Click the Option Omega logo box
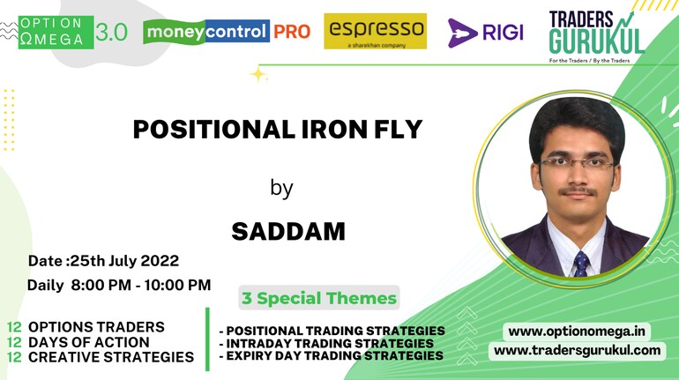(x=56, y=33)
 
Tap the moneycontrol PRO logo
(x=227, y=32)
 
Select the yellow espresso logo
(x=375, y=31)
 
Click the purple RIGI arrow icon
(x=462, y=33)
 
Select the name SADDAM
(x=288, y=232)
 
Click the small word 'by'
(x=281, y=189)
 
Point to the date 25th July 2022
(x=124, y=261)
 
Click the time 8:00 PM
(x=101, y=285)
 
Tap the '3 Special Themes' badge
(x=319, y=298)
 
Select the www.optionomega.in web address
(x=577, y=332)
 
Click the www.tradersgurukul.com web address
(x=578, y=350)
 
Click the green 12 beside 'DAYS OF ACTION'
(x=14, y=342)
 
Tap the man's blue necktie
(x=581, y=263)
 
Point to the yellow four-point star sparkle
(x=258, y=74)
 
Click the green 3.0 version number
(x=111, y=33)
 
